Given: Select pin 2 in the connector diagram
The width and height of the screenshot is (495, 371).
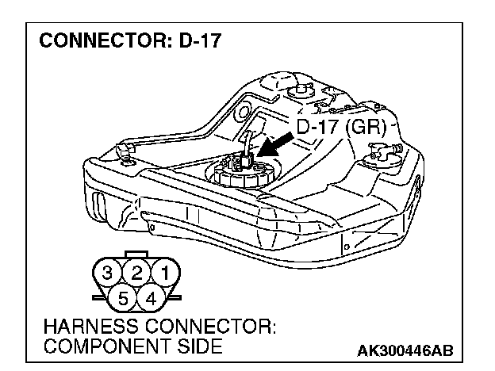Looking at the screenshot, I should (x=137, y=274).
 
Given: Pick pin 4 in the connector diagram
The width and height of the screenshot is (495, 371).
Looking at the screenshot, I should (x=151, y=299).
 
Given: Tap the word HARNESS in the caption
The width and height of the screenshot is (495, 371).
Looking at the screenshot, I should (x=79, y=327).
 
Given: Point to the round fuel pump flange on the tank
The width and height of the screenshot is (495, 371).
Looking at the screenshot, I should (x=239, y=172).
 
